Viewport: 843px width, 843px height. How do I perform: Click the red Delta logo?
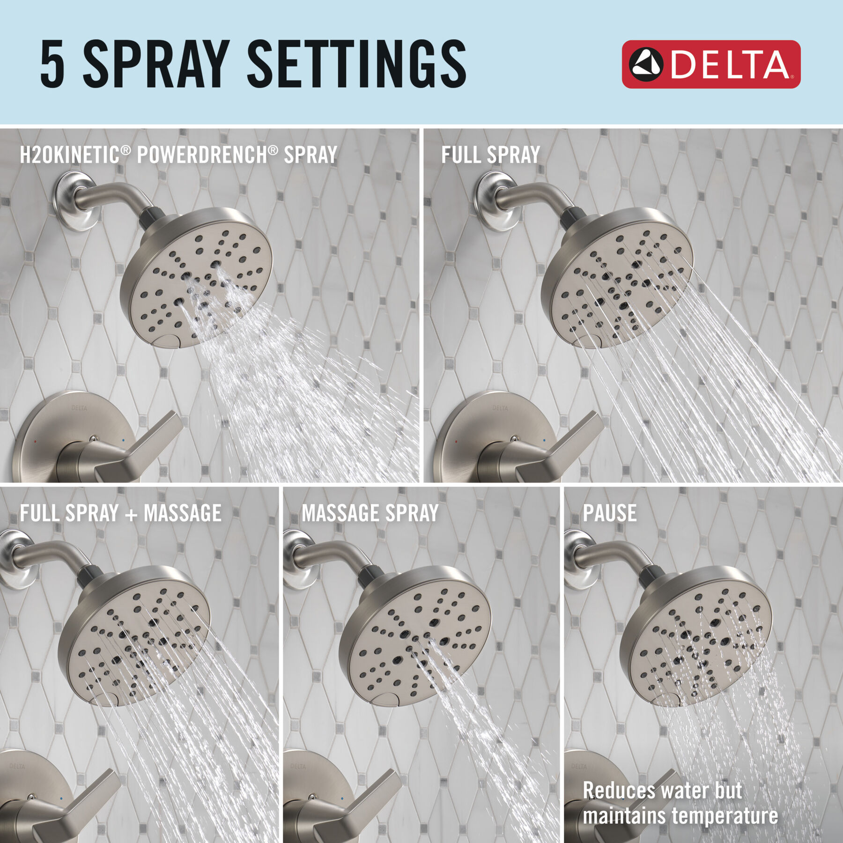711,64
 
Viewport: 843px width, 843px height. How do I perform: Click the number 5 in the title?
52,64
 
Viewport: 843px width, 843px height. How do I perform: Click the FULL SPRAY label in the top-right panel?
490,155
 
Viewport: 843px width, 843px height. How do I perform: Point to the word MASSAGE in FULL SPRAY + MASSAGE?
183,513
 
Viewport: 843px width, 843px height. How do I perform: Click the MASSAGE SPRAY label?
370,513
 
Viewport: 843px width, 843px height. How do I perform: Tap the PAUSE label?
610,513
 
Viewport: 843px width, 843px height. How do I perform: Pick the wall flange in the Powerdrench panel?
75,200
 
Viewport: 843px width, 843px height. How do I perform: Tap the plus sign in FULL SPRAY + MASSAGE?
131,514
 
